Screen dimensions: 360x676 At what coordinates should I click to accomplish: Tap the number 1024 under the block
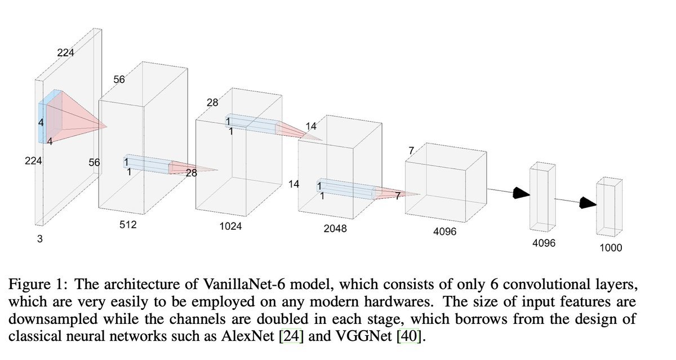[x=230, y=226]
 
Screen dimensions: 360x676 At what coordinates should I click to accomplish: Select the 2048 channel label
[x=336, y=229]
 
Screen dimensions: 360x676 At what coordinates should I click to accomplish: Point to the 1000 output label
[x=611, y=248]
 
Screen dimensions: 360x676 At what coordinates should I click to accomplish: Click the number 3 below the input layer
[x=39, y=239]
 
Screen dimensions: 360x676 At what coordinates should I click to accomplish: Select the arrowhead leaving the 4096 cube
[x=521, y=194]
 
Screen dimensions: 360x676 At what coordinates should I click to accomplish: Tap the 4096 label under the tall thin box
[x=544, y=243]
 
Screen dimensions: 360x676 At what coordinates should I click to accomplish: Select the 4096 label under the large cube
[x=445, y=232]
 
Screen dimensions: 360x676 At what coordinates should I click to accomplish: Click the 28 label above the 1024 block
[x=212, y=103]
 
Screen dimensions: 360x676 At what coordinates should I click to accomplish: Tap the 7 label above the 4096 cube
[x=412, y=152]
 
